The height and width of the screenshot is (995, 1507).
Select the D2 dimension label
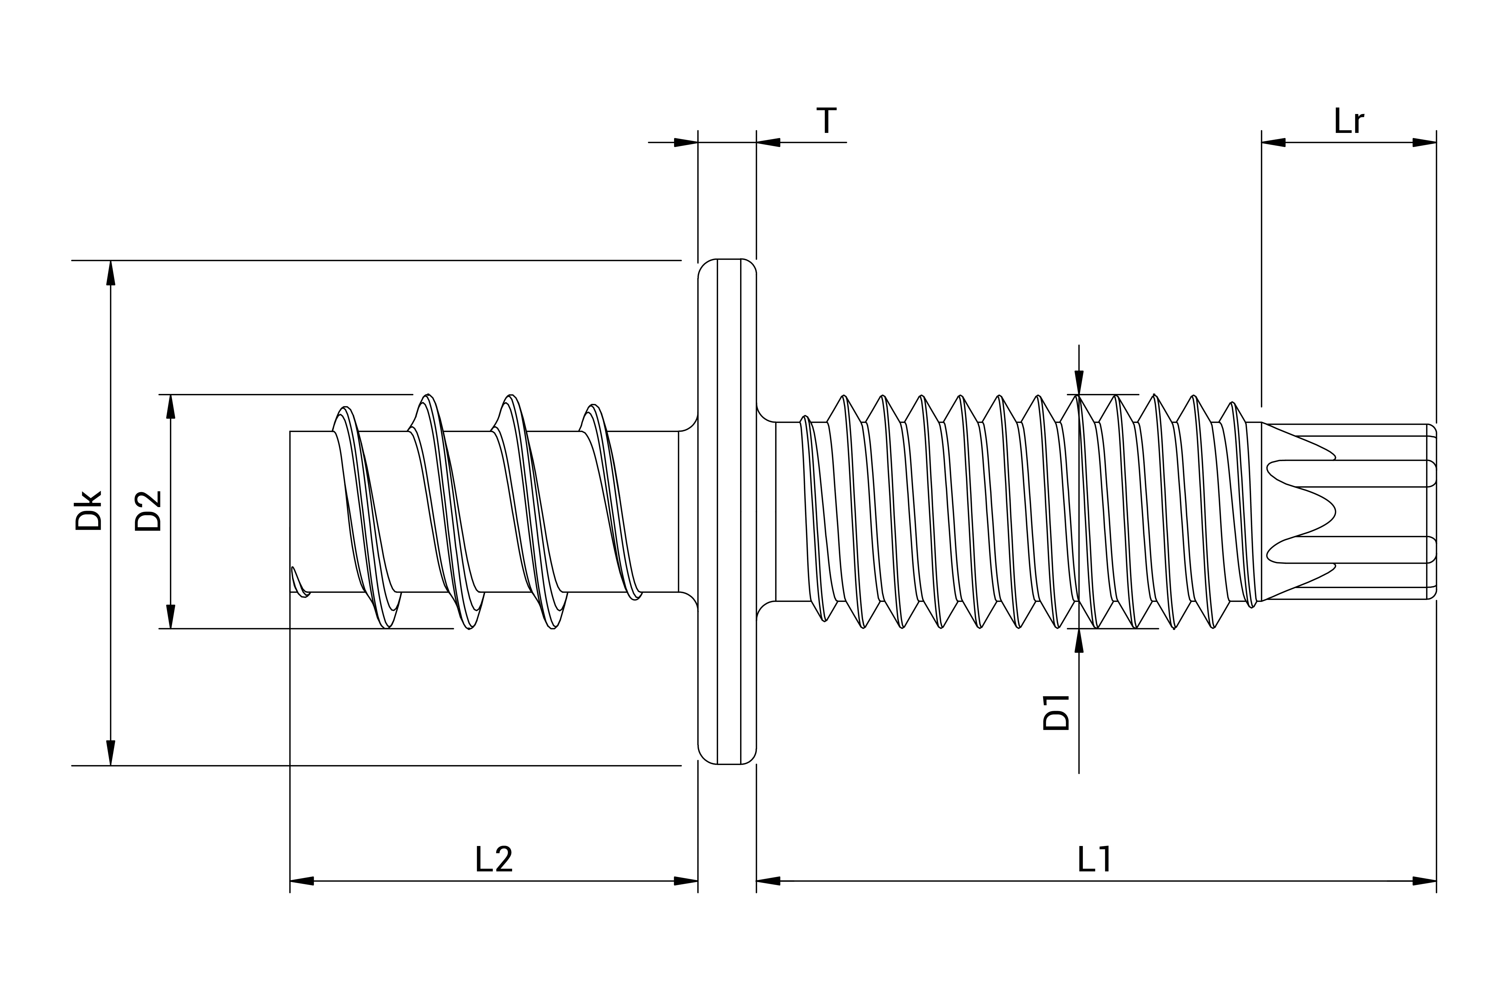[x=148, y=511]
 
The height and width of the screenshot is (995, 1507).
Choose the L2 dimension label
[x=494, y=859]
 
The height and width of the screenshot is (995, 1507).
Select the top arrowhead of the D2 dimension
[x=170, y=407]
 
